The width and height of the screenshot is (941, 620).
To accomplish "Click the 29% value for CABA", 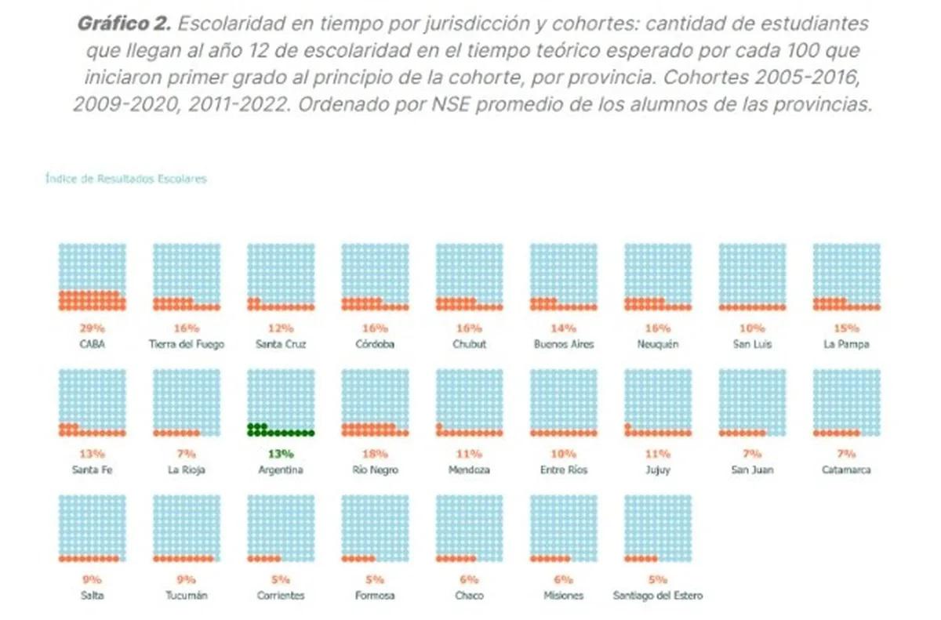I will click(92, 328).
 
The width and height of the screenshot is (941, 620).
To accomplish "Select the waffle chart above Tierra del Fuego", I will click(187, 277).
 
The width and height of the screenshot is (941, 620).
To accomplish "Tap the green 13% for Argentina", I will click(281, 454).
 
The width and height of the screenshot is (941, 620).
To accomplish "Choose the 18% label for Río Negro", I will click(375, 454).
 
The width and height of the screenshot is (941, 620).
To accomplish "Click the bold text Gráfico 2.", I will click(124, 24).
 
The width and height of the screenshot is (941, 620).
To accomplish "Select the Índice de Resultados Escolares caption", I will click(126, 179).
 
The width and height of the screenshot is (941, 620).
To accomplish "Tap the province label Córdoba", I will click(375, 344).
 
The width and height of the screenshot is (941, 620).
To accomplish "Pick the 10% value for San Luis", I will click(752, 328).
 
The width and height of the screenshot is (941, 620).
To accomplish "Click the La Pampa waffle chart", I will click(846, 277).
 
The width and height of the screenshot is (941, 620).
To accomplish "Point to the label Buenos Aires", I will click(563, 344).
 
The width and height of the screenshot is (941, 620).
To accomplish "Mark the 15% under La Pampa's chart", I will click(846, 328).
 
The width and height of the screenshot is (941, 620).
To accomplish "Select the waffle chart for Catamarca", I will click(846, 402).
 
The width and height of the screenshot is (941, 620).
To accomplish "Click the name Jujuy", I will click(657, 470).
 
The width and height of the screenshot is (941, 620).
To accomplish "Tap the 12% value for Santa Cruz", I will click(281, 328).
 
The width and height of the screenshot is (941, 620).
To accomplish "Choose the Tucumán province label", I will click(187, 595).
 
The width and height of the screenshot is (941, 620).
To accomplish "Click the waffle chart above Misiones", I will click(563, 528).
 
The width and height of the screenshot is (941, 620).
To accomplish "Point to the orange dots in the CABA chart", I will click(92, 300).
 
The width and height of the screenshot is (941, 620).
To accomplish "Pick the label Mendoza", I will click(469, 470).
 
